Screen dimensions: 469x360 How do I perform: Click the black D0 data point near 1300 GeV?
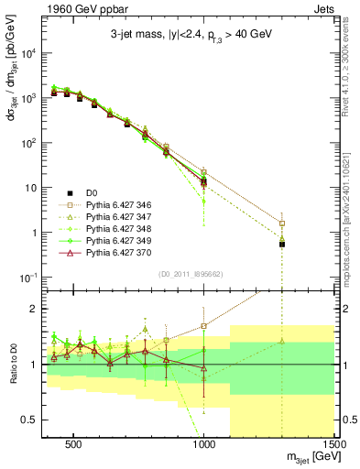click(x=282, y=245)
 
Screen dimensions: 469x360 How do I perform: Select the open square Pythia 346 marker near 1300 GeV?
click(x=282, y=223)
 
